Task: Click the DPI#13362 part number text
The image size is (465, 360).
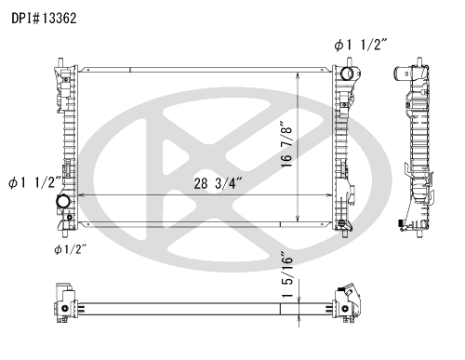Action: point(44,19)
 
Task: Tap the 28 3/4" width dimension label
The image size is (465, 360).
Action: point(218,183)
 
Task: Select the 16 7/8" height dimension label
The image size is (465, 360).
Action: point(287,144)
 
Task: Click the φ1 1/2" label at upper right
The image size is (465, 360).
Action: point(361,46)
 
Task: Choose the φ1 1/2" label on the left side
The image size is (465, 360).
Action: point(34,182)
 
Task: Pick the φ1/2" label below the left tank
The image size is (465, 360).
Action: point(70,249)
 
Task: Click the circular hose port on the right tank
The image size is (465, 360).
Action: point(347,73)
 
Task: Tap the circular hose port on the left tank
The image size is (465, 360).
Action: point(63,201)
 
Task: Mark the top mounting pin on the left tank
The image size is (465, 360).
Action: point(60,61)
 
